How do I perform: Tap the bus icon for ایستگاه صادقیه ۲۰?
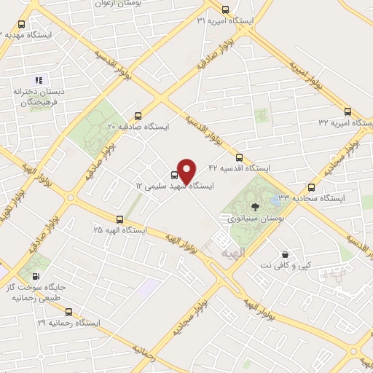click(138, 116)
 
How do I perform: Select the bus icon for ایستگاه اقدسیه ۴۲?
click(239, 157)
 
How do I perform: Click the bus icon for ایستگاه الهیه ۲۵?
click(119, 219)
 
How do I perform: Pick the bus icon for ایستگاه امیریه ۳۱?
click(225, 11)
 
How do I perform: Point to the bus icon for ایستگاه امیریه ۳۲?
click(347, 113)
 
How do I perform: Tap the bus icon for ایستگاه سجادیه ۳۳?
click(312, 186)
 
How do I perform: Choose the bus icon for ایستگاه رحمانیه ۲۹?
click(68, 312)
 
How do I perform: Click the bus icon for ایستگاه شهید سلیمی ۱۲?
click(173, 175)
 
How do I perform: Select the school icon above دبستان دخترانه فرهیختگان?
click(39, 79)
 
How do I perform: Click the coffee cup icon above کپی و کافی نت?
click(284, 255)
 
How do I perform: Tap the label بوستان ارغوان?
click(117, 4)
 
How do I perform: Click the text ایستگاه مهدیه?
click(25, 34)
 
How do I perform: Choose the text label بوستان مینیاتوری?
click(245, 218)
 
